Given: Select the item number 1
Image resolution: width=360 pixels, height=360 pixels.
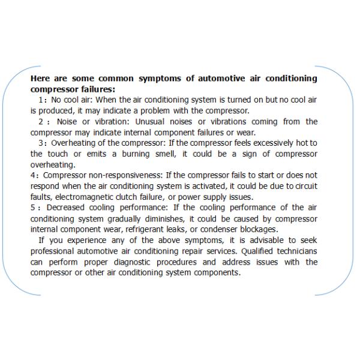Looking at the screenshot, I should click(40, 100).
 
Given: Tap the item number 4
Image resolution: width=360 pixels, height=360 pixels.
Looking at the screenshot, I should click(34, 175).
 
